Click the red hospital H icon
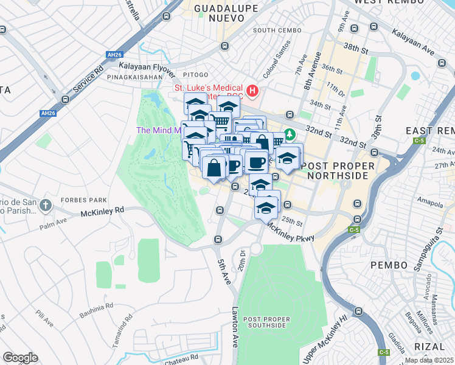coord(252,91)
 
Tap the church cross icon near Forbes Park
coord(45,206)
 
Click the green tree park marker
coord(291,134)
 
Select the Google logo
coord(20,358)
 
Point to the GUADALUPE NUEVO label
coord(226,13)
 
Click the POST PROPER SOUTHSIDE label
coord(265,322)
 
